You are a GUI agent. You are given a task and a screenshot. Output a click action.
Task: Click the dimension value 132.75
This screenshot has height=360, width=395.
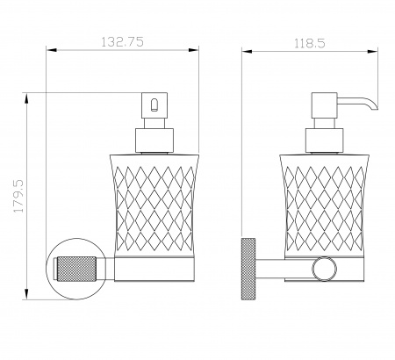pyautogui.click(x=122, y=42)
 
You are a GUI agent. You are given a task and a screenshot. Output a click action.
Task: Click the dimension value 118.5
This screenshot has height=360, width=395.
pyautogui.click(x=310, y=44)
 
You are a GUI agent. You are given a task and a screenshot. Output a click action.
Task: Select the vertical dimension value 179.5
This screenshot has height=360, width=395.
pyautogui.click(x=18, y=196)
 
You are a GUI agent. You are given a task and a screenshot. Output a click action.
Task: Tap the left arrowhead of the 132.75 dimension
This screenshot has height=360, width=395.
pyautogui.click(x=51, y=50)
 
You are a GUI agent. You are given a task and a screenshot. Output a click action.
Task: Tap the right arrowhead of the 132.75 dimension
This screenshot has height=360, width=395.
pyautogui.click(x=194, y=50)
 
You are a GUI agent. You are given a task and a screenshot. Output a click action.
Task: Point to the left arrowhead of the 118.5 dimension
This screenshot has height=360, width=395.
pyautogui.click(x=247, y=52)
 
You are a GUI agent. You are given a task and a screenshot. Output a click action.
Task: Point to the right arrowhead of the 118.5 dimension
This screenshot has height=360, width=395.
pyautogui.click(x=373, y=52)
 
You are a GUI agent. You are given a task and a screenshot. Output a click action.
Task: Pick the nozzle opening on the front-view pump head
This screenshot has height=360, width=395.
pyautogui.click(x=154, y=105)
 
